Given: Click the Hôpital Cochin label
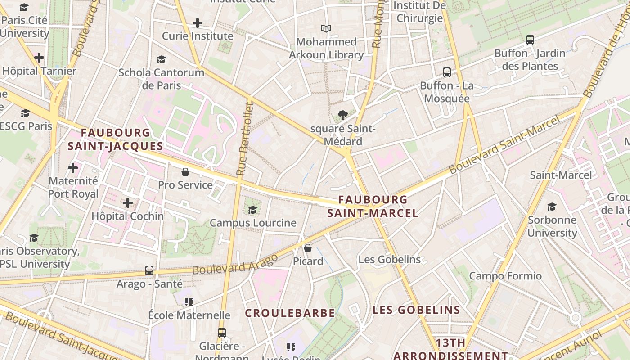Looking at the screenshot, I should [x=127, y=216].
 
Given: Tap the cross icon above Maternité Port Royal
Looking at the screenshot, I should [x=73, y=168].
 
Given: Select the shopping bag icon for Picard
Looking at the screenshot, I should [x=308, y=248].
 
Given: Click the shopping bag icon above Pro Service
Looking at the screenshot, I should [x=185, y=172].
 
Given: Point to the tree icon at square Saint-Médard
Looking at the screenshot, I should [x=343, y=115].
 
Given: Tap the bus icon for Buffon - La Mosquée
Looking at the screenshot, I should [x=447, y=72].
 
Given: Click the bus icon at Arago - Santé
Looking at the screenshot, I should [x=149, y=270].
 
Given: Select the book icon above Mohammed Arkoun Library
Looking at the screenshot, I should [x=326, y=29].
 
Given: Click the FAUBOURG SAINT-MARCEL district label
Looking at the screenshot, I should [x=373, y=206].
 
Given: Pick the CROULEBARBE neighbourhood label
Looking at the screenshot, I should [x=290, y=313].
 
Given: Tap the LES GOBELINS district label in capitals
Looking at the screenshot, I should [x=416, y=310].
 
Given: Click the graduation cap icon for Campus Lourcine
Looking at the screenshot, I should [x=253, y=210].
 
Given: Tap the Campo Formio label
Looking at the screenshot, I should [x=505, y=276].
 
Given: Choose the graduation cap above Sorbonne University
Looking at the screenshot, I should [x=552, y=207].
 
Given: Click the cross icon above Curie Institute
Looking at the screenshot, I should [x=197, y=23].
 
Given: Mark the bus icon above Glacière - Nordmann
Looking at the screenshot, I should [x=221, y=333].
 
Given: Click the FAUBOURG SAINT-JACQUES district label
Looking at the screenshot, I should [x=115, y=139].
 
